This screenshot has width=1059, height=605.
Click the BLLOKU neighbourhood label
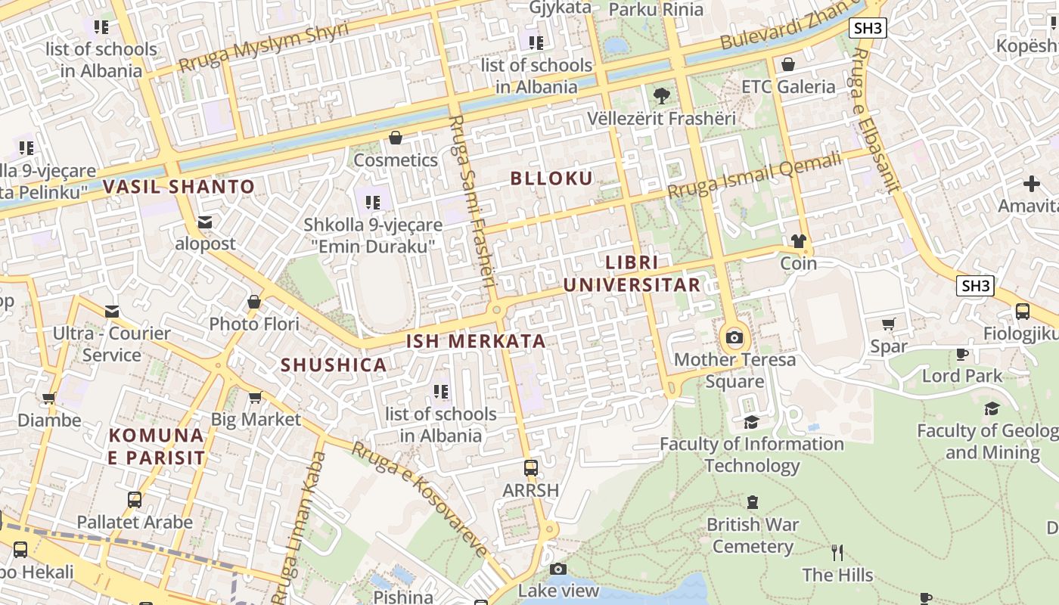click(551, 178)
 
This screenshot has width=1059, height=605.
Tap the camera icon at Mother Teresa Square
click(734, 337)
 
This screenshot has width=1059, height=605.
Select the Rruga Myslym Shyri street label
click(263, 47)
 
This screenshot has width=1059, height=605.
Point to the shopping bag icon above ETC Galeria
click(788, 64)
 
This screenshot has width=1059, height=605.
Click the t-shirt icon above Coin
click(799, 241)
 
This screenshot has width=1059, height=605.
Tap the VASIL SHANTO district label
click(179, 187)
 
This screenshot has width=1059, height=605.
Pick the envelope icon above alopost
click(205, 222)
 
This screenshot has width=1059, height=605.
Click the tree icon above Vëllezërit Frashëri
click(662, 96)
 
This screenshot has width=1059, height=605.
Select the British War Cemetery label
click(752, 535)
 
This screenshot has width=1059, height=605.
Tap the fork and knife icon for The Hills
click(837, 553)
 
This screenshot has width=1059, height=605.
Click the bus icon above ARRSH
click(531, 468)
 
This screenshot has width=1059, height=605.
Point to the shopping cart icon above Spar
click(889, 324)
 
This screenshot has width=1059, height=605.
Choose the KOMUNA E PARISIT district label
click(157, 446)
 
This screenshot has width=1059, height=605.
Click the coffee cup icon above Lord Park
click(962, 354)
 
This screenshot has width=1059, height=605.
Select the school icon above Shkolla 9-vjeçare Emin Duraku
click(373, 202)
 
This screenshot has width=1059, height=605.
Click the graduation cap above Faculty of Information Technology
click(751, 422)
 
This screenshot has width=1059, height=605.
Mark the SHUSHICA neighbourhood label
click(334, 365)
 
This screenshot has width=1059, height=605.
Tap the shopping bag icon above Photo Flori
click(254, 302)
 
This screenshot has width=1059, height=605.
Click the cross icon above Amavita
click(1032, 184)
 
